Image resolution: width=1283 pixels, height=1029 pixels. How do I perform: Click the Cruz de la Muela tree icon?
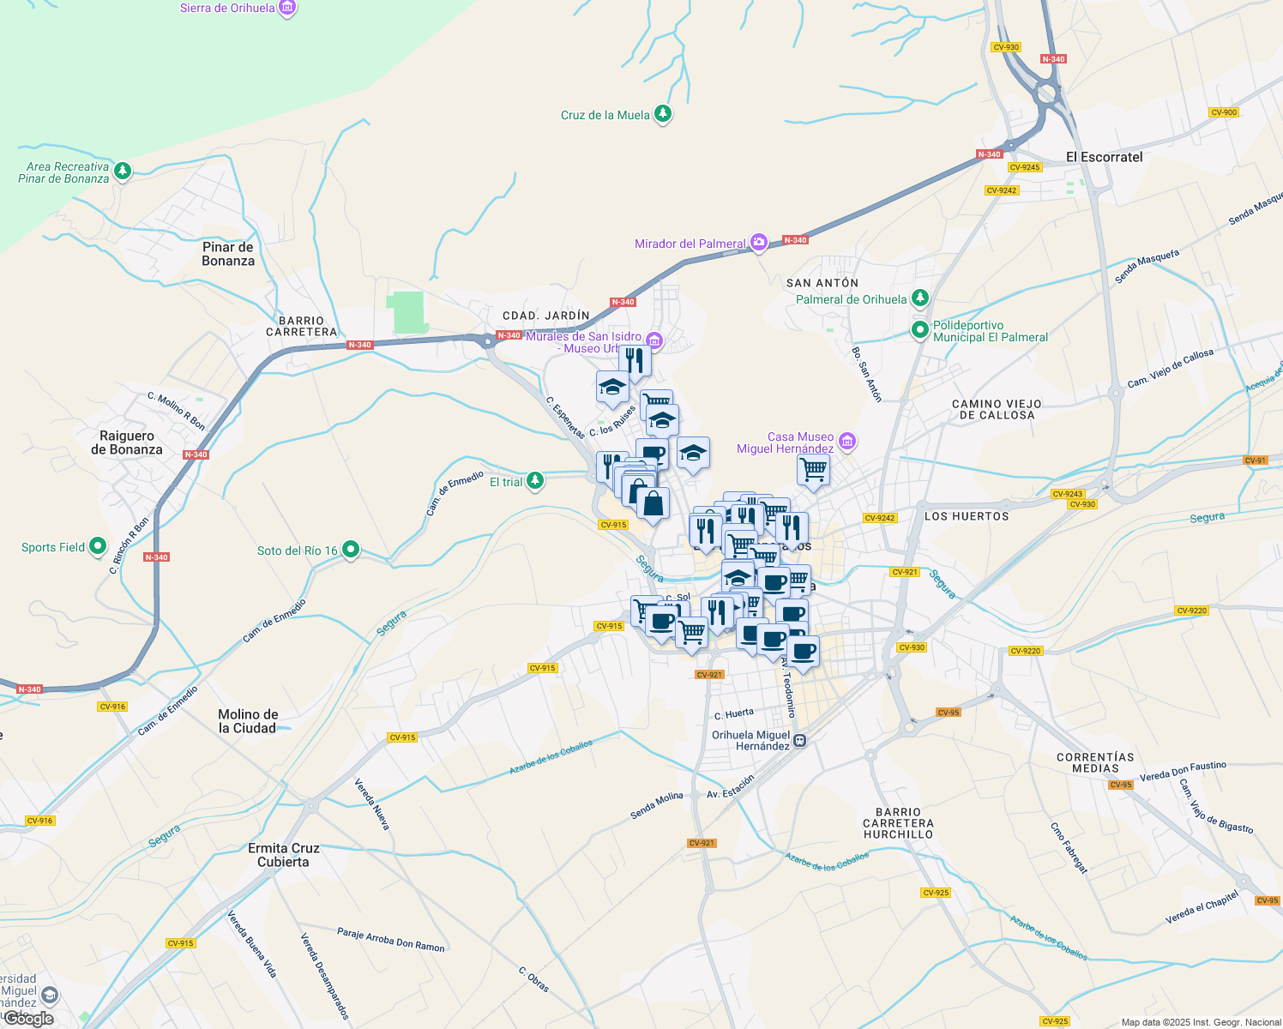[x=662, y=113]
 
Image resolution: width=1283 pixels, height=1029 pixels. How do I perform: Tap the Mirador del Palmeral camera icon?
[x=758, y=243]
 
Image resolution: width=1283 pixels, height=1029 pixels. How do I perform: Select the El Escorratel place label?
[x=1104, y=157]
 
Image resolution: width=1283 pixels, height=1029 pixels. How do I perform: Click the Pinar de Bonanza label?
[x=228, y=254]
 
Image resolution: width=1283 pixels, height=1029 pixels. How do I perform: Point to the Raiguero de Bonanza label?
[x=127, y=442]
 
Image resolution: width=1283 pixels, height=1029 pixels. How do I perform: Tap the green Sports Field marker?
[x=98, y=546]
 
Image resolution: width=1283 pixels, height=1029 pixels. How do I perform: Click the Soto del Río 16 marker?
[x=350, y=550]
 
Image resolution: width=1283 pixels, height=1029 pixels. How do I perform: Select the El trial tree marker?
[x=535, y=481]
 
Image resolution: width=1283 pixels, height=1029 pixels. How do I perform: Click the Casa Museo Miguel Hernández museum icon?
[x=847, y=442]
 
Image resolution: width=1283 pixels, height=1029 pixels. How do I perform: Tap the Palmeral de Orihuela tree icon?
[x=920, y=298]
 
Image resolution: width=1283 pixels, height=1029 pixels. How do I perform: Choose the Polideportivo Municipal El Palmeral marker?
[x=920, y=329]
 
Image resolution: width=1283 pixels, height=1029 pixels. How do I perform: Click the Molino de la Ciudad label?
[x=248, y=721]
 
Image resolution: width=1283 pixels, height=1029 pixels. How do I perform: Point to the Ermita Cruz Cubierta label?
[x=284, y=855]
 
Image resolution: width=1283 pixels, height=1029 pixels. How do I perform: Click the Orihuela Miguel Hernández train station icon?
[x=799, y=741]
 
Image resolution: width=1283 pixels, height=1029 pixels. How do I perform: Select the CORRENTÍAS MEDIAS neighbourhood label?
[x=1095, y=762]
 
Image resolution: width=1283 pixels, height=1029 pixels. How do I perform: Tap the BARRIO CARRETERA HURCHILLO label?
[x=898, y=823]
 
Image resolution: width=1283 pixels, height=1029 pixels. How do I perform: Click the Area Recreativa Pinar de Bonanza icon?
[x=123, y=171]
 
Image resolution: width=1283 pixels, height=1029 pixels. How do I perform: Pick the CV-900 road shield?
[x=1223, y=112]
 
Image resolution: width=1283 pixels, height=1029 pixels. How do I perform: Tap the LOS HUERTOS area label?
[x=967, y=516]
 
